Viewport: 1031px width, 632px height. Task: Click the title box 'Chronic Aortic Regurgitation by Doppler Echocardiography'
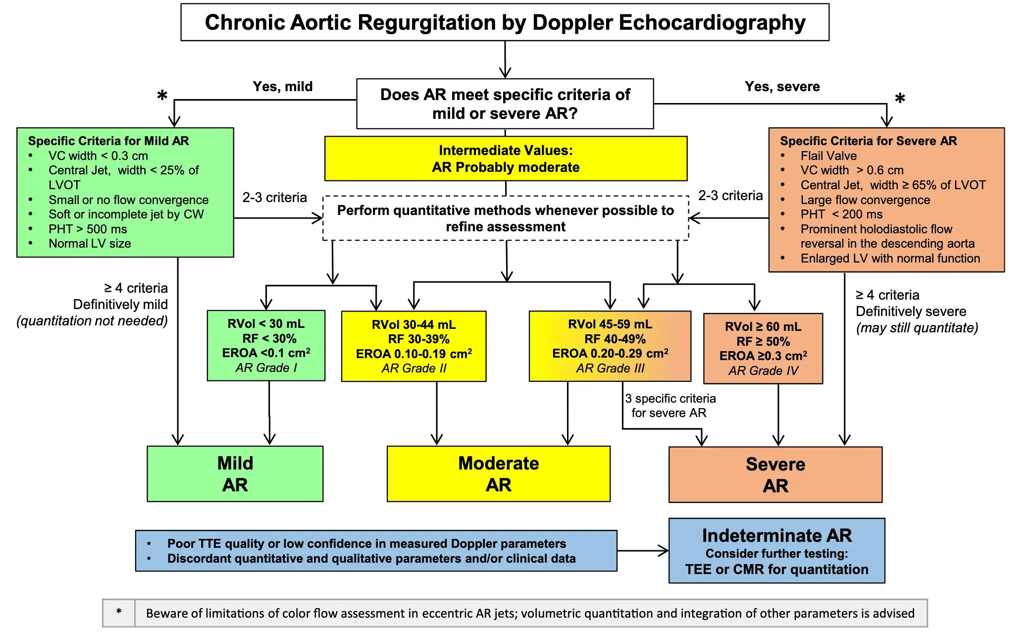[x=505, y=22]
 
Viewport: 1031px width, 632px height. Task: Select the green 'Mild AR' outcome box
[x=235, y=474]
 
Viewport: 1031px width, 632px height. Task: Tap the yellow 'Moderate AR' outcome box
[x=498, y=474]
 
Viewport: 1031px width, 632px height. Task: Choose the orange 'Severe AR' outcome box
[x=775, y=475]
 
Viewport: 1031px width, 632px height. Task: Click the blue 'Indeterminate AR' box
[x=776, y=551]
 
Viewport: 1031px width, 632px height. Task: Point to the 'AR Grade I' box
[x=266, y=346]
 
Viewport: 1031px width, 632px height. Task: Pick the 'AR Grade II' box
[x=413, y=346]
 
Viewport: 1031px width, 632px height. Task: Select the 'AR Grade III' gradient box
[x=610, y=346]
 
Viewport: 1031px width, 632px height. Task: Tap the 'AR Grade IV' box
[x=763, y=349]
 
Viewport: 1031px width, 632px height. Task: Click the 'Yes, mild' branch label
[x=283, y=87]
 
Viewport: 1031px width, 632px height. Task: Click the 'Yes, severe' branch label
[x=782, y=87]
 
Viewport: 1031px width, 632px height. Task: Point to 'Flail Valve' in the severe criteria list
[x=828, y=156]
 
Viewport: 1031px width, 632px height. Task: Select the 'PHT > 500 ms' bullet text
[x=88, y=229]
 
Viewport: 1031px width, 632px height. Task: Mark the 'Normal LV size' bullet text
[x=90, y=244]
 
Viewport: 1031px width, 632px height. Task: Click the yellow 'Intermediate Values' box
[x=506, y=158]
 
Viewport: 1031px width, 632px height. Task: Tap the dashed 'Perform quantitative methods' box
[x=506, y=218]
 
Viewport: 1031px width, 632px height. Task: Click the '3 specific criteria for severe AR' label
[x=670, y=406]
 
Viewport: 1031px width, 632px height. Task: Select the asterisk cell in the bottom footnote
[x=119, y=613]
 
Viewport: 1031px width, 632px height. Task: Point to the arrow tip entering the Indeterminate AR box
[x=666, y=551]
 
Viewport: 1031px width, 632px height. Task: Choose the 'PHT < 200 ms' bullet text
[x=841, y=214]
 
